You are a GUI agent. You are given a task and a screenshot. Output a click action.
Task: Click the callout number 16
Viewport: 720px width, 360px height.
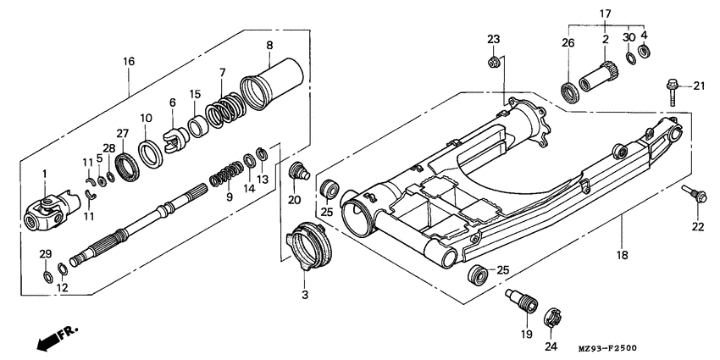pos(129,62)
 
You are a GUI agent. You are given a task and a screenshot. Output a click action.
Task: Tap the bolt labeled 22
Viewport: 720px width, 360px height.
pos(695,197)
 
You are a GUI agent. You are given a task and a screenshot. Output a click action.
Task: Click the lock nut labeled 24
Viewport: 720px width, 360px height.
pos(551,321)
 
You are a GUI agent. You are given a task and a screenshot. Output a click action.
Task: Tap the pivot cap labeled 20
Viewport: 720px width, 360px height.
pos(296,173)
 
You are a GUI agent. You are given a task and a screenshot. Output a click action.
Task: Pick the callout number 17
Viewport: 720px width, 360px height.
pos(605,14)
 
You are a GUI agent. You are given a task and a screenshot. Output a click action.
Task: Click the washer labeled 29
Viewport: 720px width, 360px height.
pos(47,277)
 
